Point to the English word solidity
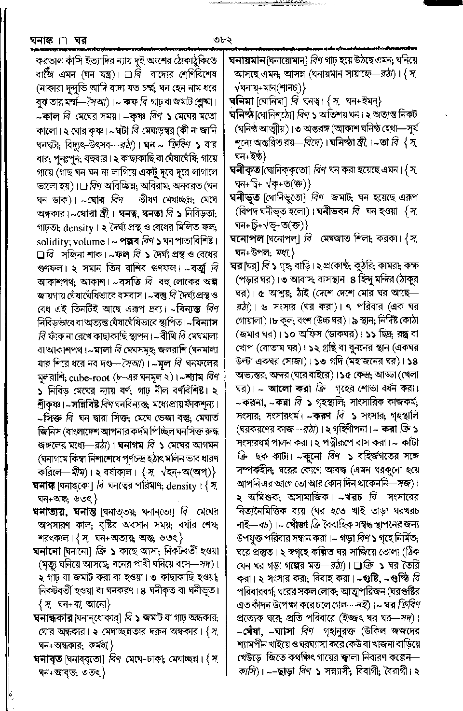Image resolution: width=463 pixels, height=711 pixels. [53, 242]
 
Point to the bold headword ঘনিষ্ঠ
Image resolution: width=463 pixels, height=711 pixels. [243, 115]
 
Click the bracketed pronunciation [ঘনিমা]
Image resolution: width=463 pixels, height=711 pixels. [274, 101]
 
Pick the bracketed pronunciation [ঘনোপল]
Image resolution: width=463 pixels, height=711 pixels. [282, 237]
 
